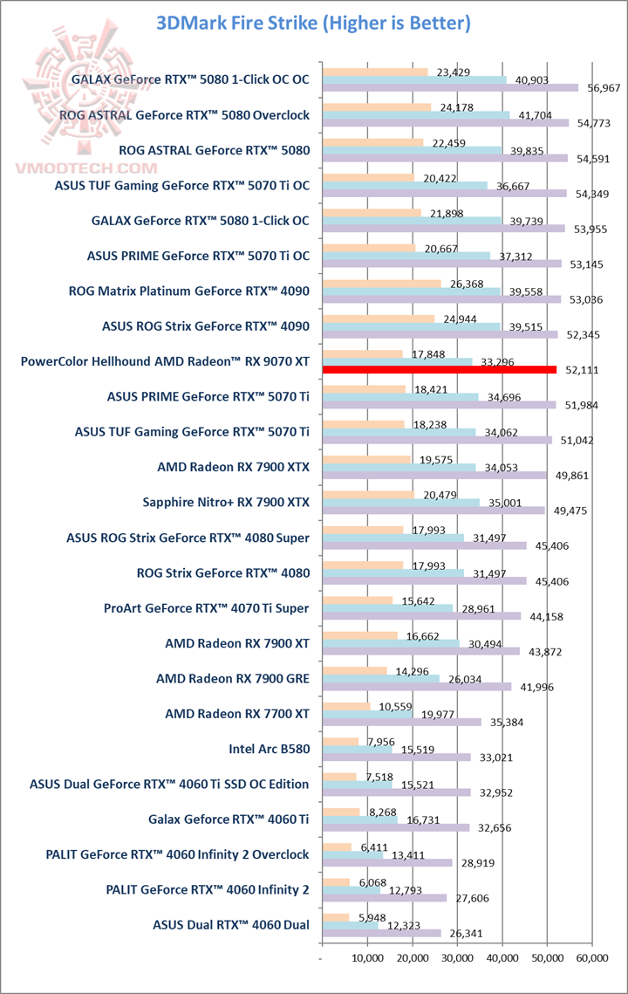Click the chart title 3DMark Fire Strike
click(313, 23)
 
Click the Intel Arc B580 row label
click(269, 748)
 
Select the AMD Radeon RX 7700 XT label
click(237, 713)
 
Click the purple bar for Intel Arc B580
click(396, 757)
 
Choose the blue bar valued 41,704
click(415, 115)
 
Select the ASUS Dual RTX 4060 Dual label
click(231, 925)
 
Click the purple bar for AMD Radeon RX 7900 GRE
click(416, 687)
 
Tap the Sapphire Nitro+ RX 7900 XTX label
click(226, 502)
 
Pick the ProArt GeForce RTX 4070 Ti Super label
click(206, 607)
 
